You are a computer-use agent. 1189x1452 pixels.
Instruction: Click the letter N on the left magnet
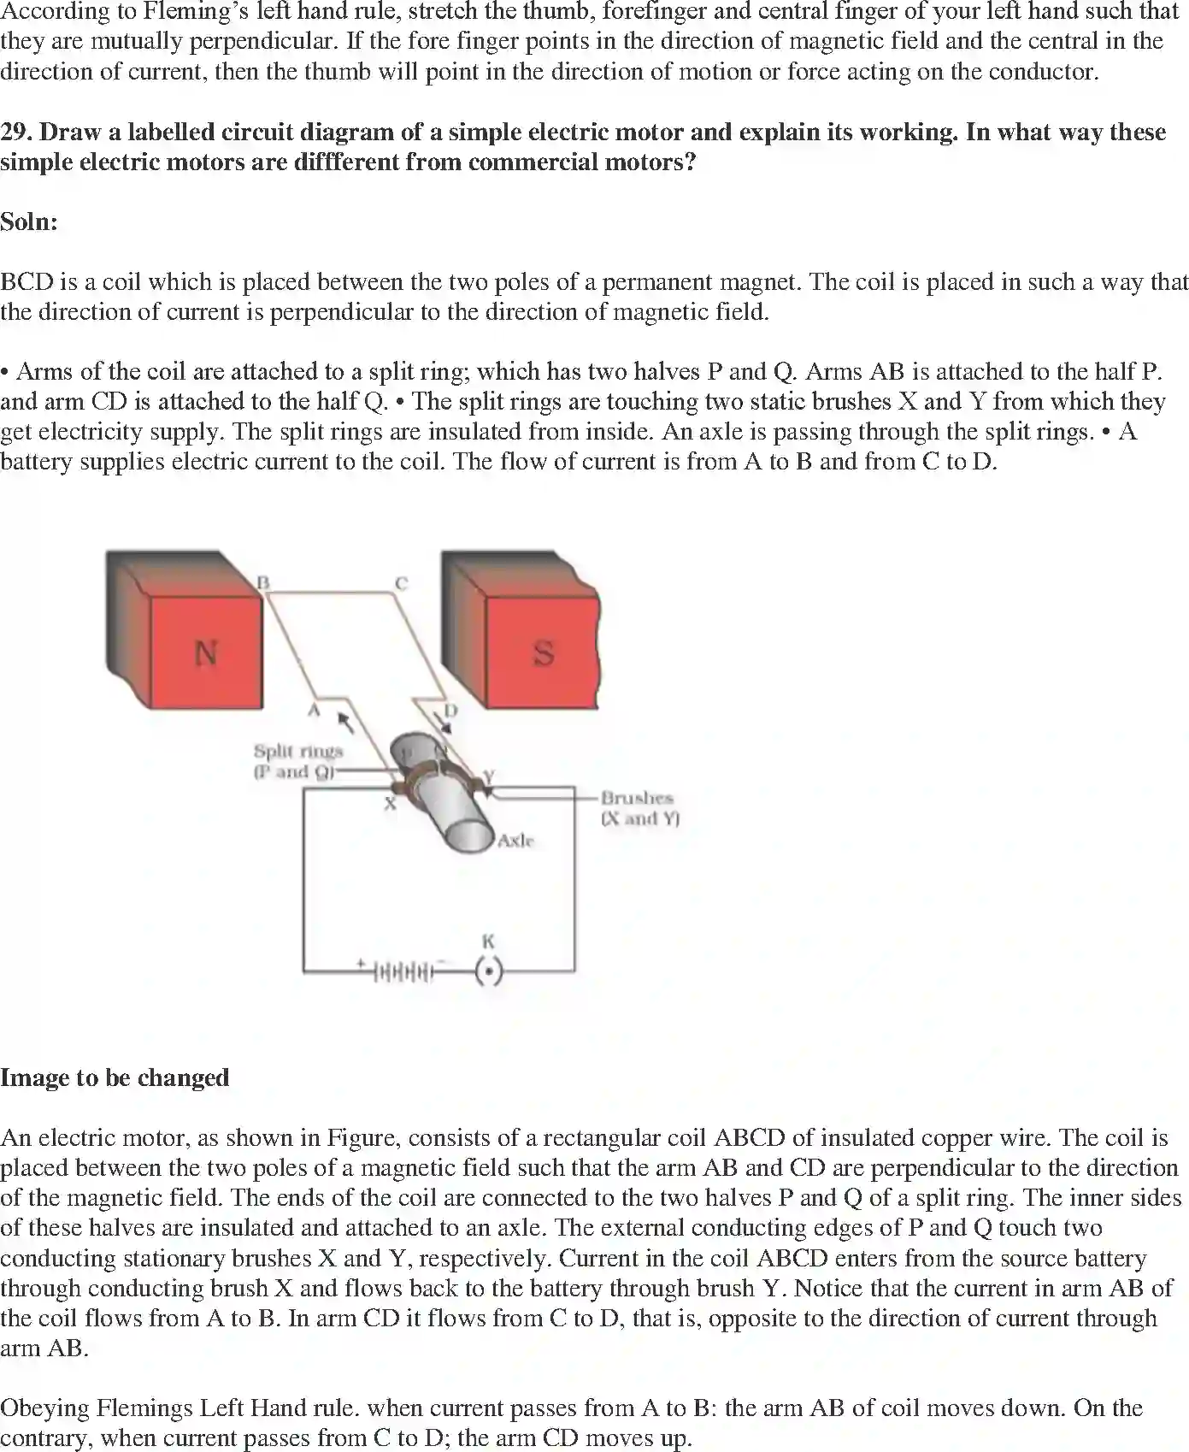point(205,653)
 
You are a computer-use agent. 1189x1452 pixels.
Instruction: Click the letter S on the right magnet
point(544,653)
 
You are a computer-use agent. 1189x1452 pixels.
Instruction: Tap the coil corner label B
point(264,582)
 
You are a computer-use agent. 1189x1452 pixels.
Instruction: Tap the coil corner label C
point(401,583)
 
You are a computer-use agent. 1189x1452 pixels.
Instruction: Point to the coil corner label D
point(450,711)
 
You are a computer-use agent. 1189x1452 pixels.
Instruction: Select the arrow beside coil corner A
point(345,723)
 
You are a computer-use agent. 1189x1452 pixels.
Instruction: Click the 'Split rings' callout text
point(297,751)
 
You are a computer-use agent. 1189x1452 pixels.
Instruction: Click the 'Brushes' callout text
point(637,798)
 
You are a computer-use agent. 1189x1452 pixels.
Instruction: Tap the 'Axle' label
point(515,841)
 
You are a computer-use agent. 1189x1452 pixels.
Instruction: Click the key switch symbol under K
point(488,972)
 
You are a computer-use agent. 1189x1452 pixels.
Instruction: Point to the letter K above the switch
point(488,941)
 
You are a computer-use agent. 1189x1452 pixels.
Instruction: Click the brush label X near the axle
point(390,803)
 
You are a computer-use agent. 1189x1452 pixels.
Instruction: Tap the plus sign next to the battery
point(361,964)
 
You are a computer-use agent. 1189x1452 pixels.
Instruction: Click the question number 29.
point(16,133)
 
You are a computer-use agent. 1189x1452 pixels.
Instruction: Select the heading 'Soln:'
point(29,222)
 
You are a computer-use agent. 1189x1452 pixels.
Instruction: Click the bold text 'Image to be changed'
point(115,1077)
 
